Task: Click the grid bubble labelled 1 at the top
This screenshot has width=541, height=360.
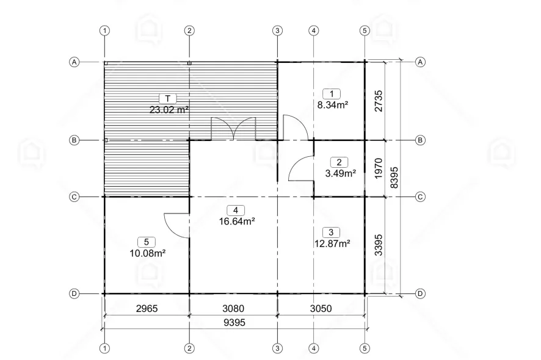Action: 105,31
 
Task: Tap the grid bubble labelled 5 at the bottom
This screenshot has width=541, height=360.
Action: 365,348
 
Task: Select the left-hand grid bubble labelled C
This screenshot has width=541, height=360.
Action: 74,197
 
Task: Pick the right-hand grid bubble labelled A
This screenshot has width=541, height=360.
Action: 420,62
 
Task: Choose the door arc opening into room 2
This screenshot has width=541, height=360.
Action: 301,168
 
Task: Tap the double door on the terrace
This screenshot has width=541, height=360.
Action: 234,129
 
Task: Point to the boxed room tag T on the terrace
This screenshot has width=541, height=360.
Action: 168,99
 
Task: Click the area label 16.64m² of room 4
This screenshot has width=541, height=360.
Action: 237,221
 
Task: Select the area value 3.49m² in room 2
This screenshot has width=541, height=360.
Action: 341,173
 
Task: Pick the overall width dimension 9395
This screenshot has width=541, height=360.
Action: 234,322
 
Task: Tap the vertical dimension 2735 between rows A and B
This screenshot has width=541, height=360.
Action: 379,101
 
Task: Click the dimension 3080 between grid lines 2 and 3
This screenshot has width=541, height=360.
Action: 234,308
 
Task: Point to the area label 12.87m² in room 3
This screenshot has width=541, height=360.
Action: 332,243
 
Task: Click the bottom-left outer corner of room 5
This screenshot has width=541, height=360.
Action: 104,293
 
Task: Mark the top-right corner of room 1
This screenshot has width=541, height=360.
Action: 365,62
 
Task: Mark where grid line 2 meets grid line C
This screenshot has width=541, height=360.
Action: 189,197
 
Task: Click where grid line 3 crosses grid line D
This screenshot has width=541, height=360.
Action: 278,293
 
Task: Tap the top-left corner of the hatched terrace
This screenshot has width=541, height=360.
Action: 105,62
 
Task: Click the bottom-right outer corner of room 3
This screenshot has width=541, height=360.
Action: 365,293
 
